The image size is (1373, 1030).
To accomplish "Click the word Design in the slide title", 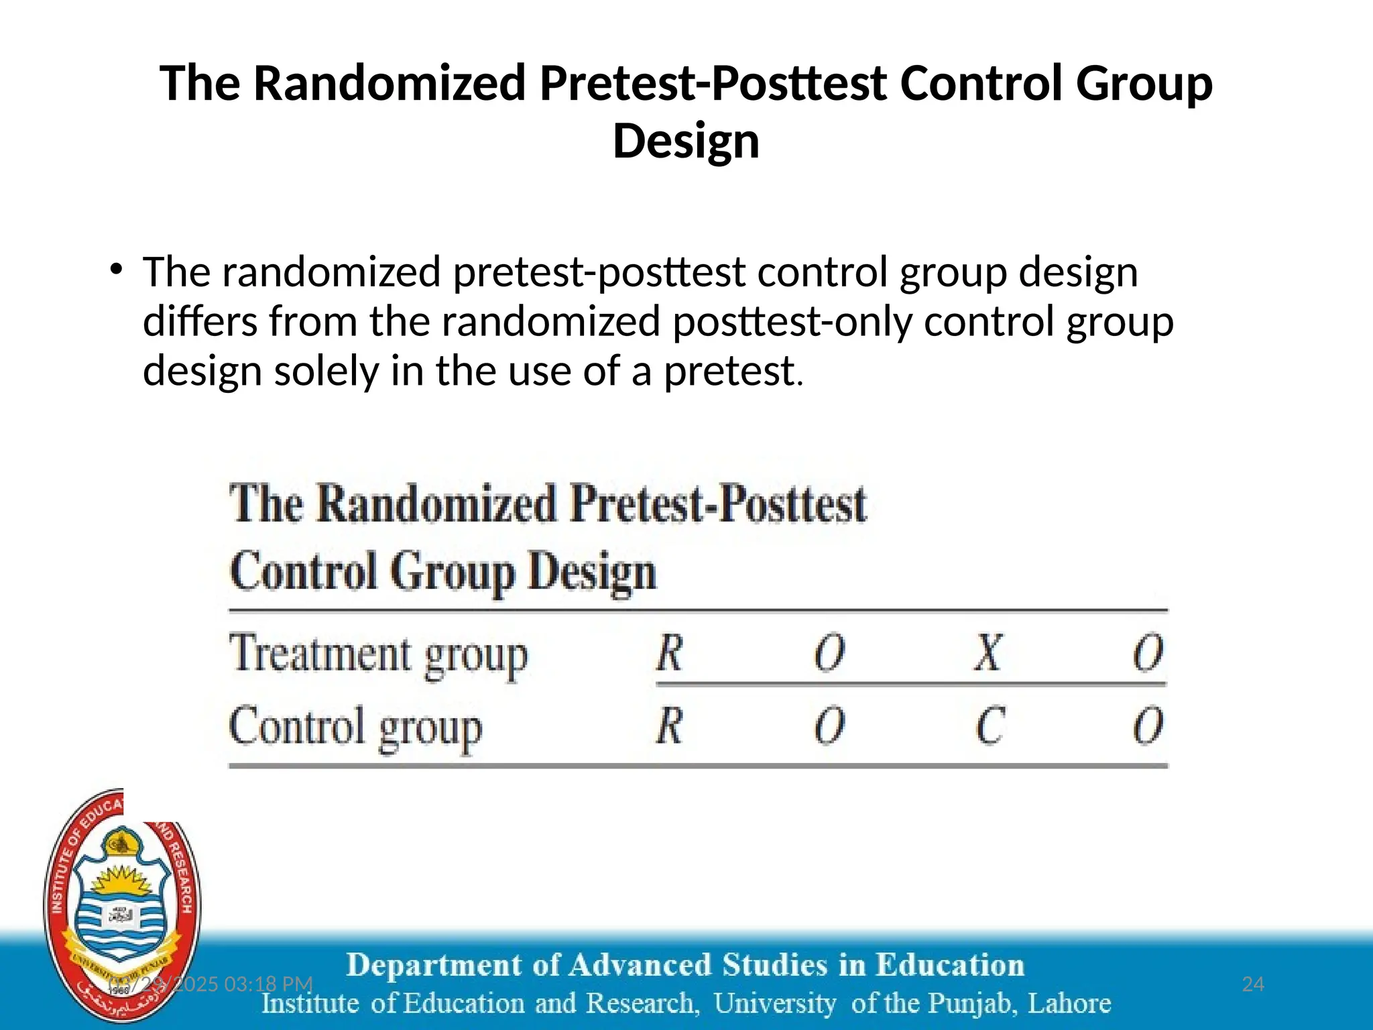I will [686, 141].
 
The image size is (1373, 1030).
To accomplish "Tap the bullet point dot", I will [117, 270].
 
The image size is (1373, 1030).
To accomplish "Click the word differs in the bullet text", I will [200, 321].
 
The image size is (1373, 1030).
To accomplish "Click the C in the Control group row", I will [990, 726].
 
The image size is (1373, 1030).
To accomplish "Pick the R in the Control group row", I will [669, 726].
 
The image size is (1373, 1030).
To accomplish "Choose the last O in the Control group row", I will [1148, 726].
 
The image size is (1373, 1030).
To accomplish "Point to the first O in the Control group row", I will [829, 726].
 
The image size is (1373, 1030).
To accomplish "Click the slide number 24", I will [1252, 984].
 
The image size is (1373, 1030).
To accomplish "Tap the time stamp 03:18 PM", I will [268, 984].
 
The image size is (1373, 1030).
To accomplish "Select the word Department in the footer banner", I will [434, 965].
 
